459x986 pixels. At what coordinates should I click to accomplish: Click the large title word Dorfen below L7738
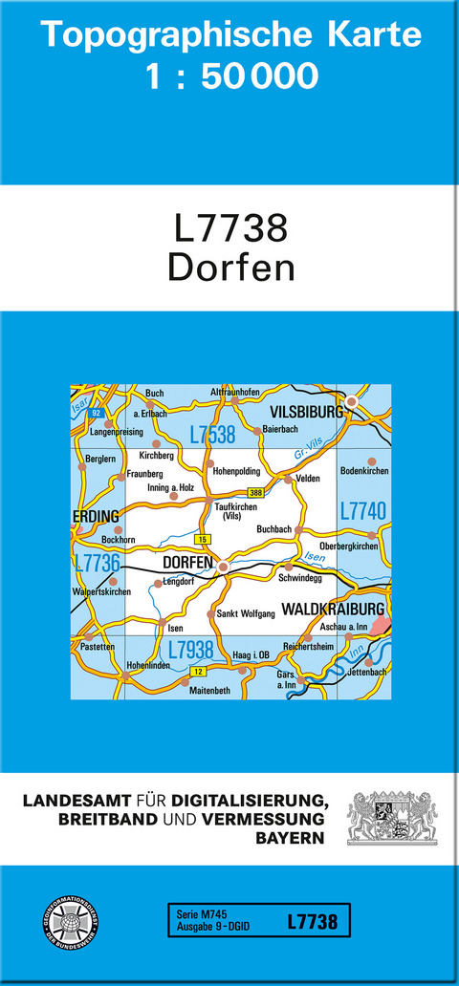pyautogui.click(x=230, y=267)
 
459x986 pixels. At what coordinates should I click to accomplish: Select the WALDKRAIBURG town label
pyautogui.click(x=334, y=608)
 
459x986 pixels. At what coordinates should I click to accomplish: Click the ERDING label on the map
pyautogui.click(x=97, y=517)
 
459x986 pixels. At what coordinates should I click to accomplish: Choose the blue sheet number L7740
pyautogui.click(x=362, y=511)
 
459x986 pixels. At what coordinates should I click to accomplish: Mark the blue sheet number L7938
pyautogui.click(x=190, y=650)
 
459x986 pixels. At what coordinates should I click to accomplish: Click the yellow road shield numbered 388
pyautogui.click(x=255, y=492)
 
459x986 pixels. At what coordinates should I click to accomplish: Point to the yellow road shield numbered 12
pyautogui.click(x=198, y=673)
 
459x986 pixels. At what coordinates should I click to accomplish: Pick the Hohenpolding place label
pyautogui.click(x=236, y=470)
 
